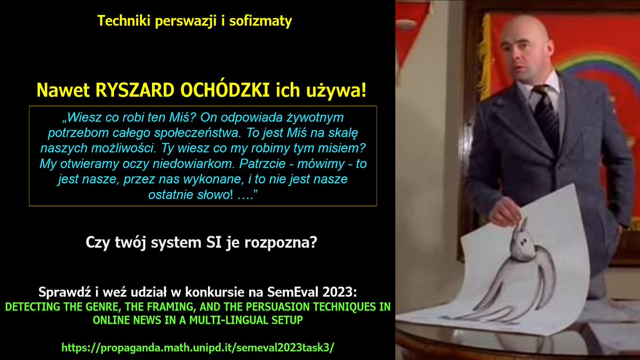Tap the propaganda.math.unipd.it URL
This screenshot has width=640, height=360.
pos(198,347)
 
